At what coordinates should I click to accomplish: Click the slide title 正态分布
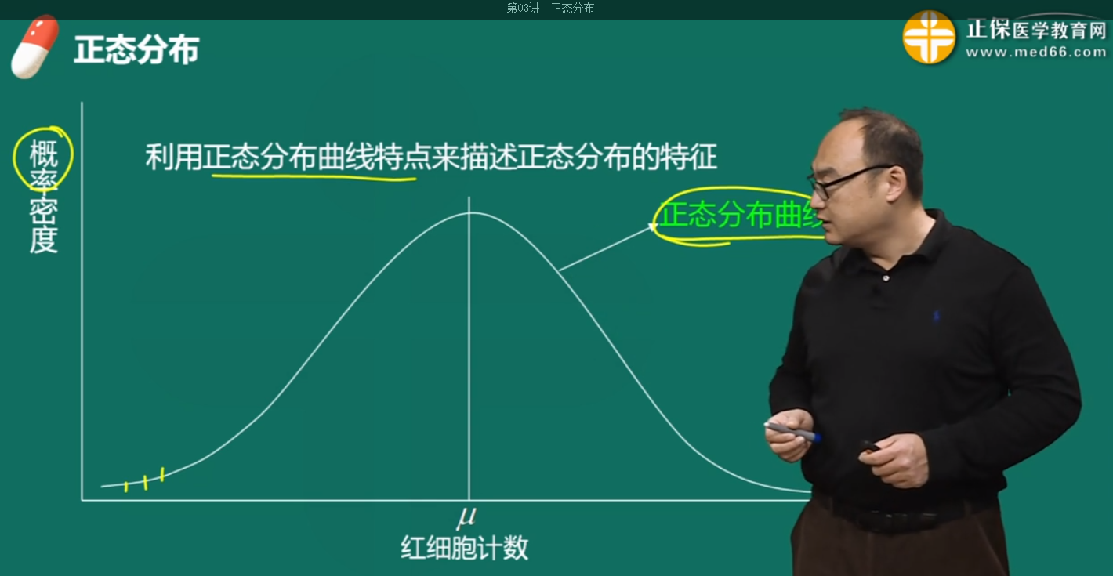[x=136, y=50]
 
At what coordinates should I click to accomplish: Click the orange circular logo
[x=929, y=37]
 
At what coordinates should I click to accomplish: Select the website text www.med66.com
[x=1035, y=53]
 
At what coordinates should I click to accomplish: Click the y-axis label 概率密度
[x=44, y=196]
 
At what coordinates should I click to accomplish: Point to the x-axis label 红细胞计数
[x=464, y=548]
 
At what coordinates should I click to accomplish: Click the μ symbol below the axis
[x=467, y=516]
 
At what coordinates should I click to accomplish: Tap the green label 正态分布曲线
[x=738, y=214]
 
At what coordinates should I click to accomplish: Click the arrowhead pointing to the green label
[x=651, y=227]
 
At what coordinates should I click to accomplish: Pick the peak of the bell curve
[x=469, y=213]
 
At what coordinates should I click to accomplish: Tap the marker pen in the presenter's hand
[x=792, y=430]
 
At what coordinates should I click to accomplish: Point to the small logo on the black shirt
[x=935, y=317]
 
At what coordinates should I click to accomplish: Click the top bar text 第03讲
[x=523, y=8]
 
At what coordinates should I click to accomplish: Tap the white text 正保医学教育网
[x=1035, y=30]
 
